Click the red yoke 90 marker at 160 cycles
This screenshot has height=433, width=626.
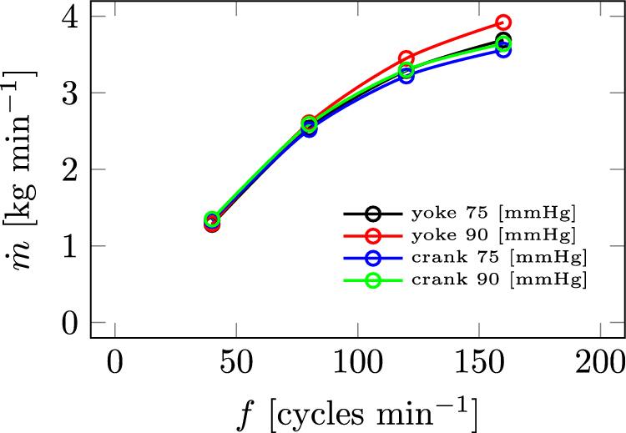coord(503,23)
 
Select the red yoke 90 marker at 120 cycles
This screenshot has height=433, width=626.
coord(406,58)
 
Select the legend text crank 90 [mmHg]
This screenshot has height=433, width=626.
coord(499,279)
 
